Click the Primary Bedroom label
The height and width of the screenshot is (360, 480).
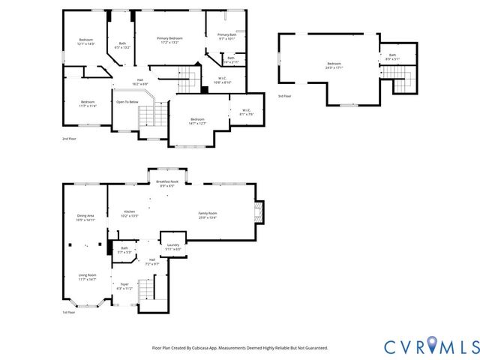click(169, 38)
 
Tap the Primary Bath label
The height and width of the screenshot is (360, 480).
click(226, 34)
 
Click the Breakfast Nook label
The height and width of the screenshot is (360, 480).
click(167, 181)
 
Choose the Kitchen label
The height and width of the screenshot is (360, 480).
click(130, 212)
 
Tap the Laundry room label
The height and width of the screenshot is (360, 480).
click(173, 244)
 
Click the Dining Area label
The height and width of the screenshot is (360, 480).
click(85, 216)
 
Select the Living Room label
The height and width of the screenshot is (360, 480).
click(87, 275)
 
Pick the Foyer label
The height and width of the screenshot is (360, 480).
click(124, 284)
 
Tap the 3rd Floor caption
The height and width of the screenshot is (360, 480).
click(285, 96)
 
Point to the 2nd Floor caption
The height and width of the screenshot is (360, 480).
click(69, 139)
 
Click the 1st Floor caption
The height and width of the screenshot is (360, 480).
click(69, 312)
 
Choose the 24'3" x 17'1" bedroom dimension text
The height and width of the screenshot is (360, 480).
click(334, 67)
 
